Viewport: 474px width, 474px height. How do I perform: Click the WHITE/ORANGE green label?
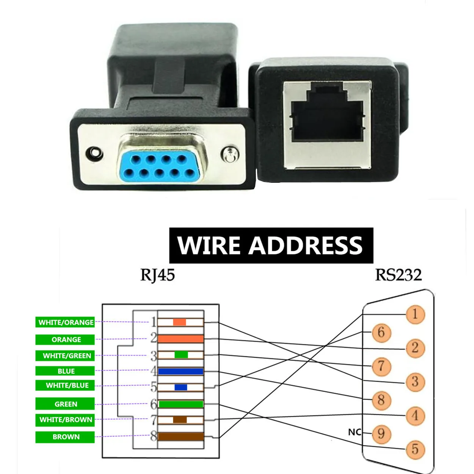point(65,322)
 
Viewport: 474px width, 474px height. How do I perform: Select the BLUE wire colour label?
point(65,371)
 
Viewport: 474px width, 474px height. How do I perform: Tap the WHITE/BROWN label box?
point(65,420)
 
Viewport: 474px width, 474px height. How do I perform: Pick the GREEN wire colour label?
point(65,404)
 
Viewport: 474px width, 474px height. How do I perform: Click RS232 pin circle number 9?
point(381,433)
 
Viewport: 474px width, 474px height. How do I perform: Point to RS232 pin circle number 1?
point(415,314)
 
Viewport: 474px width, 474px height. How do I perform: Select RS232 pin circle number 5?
point(415,449)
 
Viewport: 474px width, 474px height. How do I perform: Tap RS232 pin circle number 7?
point(381,366)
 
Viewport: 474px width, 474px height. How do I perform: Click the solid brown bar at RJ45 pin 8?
point(180,436)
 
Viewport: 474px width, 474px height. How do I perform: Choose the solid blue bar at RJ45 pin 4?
point(180,371)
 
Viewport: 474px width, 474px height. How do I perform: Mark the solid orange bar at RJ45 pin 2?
point(180,339)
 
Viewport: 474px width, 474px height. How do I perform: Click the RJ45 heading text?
point(157,275)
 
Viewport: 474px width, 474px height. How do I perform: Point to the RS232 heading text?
point(398,275)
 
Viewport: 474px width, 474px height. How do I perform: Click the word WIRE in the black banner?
point(209,245)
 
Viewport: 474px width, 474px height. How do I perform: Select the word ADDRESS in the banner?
point(306,245)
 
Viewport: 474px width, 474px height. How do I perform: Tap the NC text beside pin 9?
point(355,432)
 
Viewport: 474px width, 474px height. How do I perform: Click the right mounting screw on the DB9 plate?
point(229,154)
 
